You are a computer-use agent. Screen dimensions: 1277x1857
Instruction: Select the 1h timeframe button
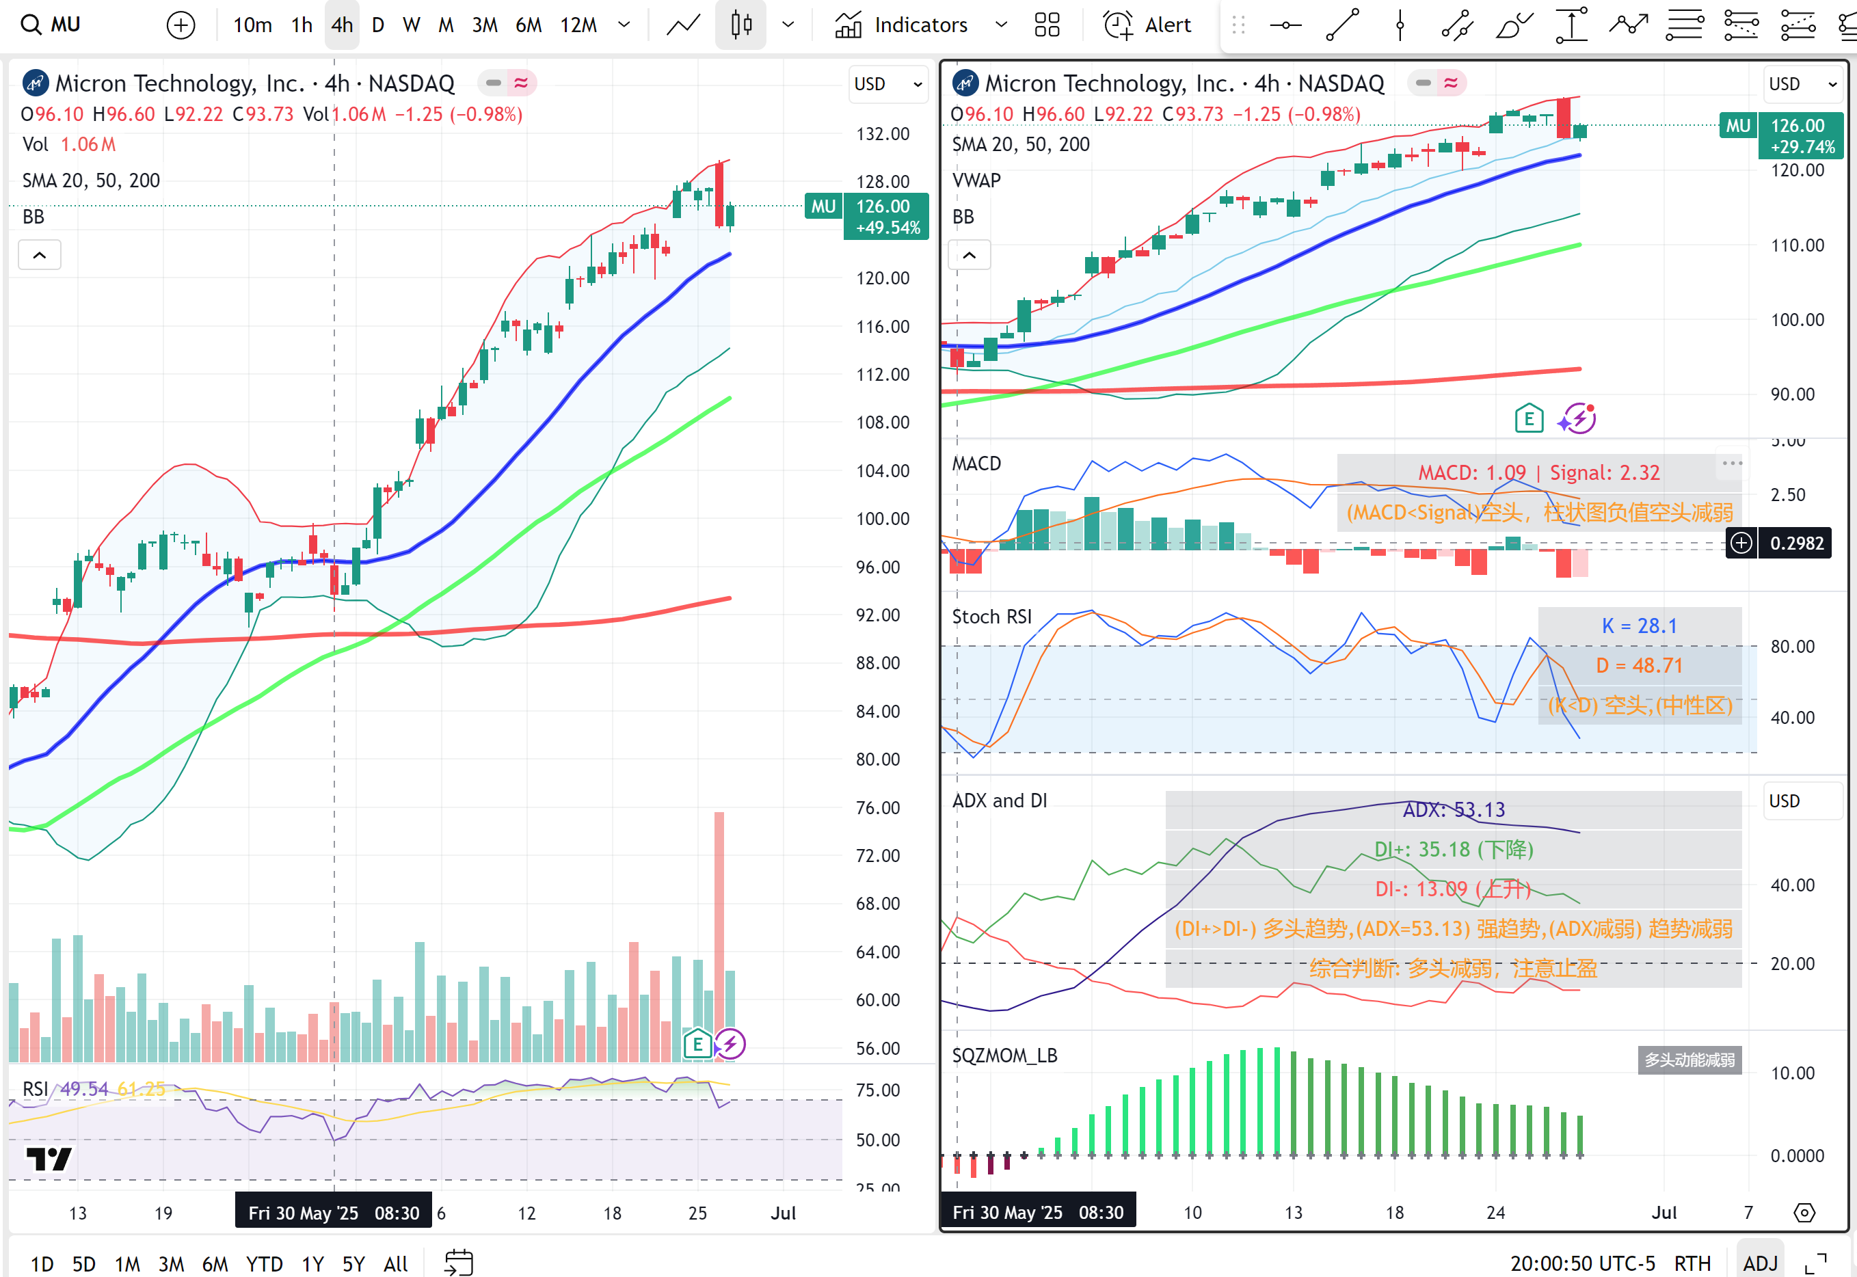(302, 25)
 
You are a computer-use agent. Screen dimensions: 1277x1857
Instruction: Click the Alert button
(1148, 25)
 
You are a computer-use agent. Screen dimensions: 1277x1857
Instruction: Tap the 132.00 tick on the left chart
(883, 133)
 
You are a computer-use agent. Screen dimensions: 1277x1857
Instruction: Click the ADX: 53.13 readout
(1454, 809)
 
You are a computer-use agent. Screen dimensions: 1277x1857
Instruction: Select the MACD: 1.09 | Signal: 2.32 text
(1538, 473)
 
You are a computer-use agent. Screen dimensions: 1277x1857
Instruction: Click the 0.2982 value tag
(1796, 543)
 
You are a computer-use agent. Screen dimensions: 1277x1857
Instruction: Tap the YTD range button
(264, 1263)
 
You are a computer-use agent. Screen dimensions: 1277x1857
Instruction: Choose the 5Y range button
(353, 1263)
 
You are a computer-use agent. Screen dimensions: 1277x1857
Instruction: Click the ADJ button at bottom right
(1759, 1263)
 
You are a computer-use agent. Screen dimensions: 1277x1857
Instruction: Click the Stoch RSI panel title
(991, 617)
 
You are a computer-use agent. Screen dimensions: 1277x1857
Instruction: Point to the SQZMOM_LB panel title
(1004, 1056)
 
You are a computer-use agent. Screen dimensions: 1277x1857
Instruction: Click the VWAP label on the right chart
(976, 181)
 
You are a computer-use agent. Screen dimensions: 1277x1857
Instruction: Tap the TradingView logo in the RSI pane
(48, 1159)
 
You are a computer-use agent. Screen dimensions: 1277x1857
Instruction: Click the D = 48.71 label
(1639, 666)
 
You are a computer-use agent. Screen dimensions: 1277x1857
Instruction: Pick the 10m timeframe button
(252, 25)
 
